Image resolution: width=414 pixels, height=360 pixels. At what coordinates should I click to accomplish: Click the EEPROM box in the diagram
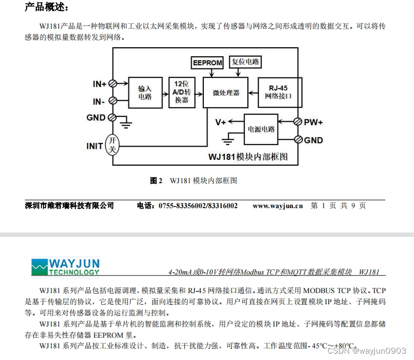pos(208,63)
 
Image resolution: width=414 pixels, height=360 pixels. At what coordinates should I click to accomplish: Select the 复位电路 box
pos(245,62)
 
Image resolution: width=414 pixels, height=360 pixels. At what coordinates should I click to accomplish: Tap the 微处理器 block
pos(226,92)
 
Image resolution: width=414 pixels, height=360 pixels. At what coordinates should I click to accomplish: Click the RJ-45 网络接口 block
pos(279,92)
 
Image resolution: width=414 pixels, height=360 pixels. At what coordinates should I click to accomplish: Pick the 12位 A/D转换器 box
pos(181,92)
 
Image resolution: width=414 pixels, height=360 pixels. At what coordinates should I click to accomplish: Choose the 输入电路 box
pos(145,93)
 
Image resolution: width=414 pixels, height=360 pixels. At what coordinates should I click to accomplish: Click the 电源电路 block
pos(261,129)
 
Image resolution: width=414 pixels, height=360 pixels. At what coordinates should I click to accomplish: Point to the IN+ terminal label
pos(99,84)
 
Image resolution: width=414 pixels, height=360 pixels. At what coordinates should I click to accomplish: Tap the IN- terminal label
pos(99,101)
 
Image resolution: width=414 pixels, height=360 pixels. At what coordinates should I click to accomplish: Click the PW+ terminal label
pos(313,122)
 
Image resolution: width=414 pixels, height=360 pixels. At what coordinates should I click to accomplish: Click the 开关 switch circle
pos(113,144)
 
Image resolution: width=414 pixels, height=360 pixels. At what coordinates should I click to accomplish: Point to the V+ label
pos(220,122)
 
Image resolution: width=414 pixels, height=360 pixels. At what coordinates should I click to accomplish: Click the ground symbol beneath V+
pos(229,141)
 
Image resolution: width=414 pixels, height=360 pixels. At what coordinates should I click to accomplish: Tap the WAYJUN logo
pos(65,267)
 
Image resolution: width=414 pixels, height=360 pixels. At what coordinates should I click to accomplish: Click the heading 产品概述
pos(47,7)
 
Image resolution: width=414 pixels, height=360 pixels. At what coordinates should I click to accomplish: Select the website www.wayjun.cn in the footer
pos(278,205)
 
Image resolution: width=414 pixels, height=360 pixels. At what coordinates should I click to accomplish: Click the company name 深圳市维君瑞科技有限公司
pos(70,205)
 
